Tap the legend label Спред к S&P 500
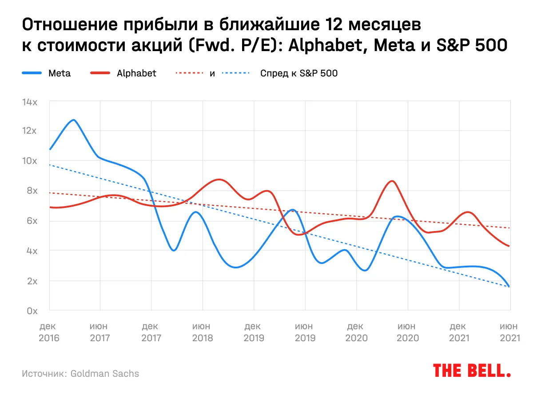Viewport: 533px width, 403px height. [x=298, y=73]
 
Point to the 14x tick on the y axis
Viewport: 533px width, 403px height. [x=30, y=102]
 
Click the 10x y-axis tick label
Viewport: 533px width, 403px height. [x=30, y=160]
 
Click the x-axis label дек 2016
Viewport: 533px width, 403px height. [x=49, y=332]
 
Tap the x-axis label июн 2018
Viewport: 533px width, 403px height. [x=203, y=332]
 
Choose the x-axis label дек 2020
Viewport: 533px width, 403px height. [x=356, y=332]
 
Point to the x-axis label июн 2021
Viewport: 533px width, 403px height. [x=509, y=332]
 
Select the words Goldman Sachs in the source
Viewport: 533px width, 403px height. [x=105, y=373]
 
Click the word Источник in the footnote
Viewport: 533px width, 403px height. [x=44, y=373]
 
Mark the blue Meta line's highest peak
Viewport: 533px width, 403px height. [x=74, y=120]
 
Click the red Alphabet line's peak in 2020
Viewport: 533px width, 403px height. [x=391, y=181]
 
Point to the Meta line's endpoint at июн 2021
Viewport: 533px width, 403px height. [x=509, y=287]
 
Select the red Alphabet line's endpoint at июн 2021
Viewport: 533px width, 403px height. [x=509, y=246]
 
